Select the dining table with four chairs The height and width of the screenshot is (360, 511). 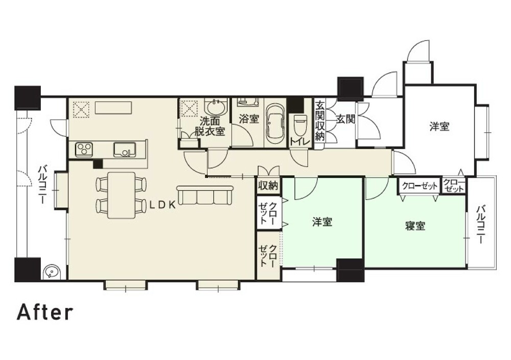click(x=121, y=194)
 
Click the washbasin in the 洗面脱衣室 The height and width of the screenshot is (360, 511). click(x=215, y=108)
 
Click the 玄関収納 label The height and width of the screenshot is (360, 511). click(x=320, y=121)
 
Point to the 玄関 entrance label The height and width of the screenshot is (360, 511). click(x=345, y=119)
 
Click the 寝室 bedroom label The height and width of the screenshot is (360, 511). click(x=415, y=226)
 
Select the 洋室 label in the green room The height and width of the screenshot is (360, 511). click(x=322, y=222)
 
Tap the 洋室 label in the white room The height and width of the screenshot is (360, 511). click(x=439, y=127)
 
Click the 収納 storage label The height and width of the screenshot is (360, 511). click(x=268, y=185)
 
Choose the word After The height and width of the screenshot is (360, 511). click(x=45, y=312)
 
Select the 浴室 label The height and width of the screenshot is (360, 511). click(x=249, y=119)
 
